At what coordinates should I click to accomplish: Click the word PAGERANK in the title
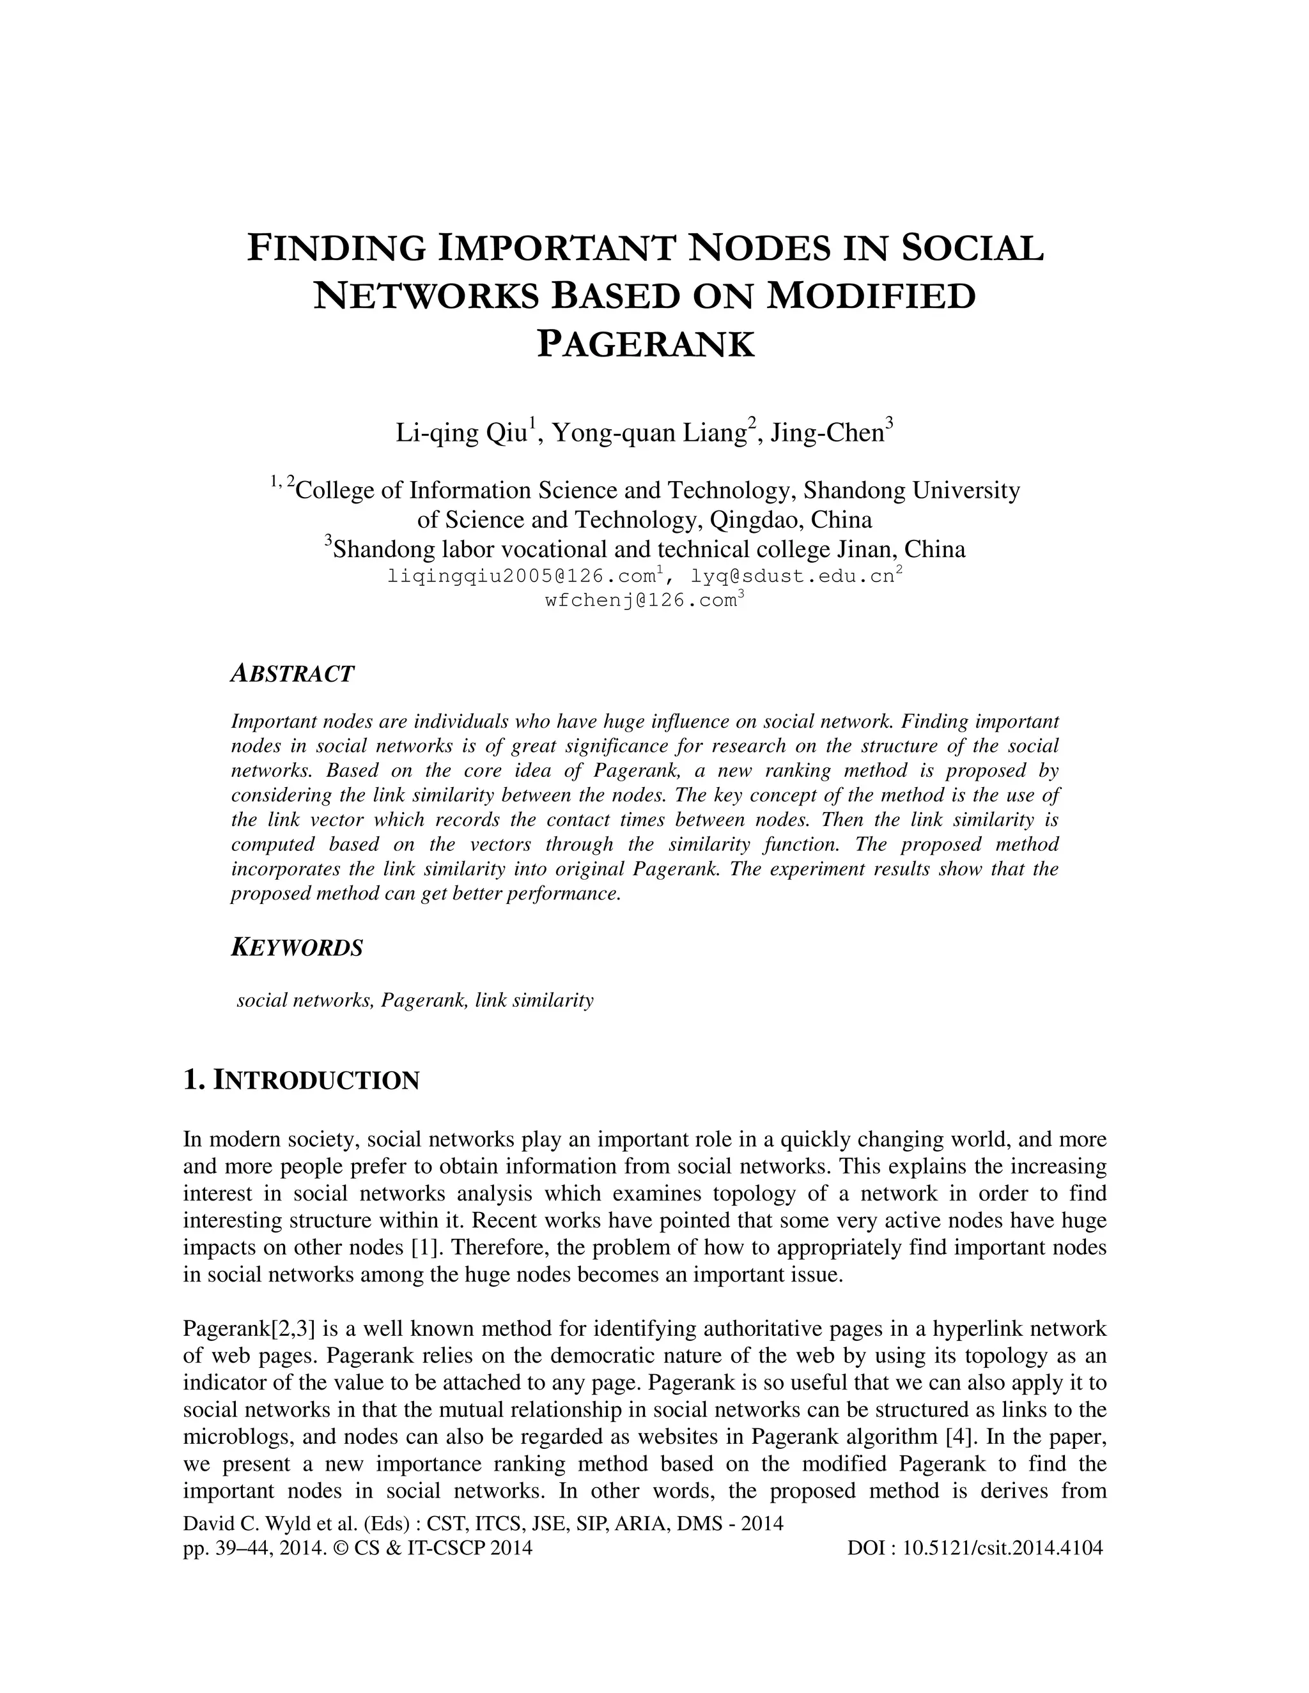pyautogui.click(x=645, y=344)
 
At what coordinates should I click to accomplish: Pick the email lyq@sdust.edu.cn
pyautogui.click(x=791, y=577)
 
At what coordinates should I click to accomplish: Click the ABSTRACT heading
pyautogui.click(x=292, y=673)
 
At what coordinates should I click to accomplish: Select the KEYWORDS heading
pyautogui.click(x=297, y=948)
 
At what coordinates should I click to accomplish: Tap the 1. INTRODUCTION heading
pyautogui.click(x=301, y=1080)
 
